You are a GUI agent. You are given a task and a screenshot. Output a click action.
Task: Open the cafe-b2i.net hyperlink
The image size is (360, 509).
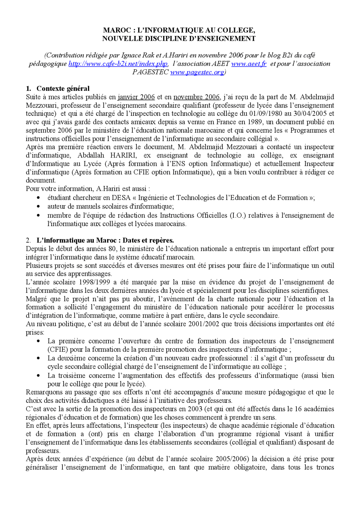click(118, 64)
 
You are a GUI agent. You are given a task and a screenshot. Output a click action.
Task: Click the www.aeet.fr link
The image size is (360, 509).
click(249, 64)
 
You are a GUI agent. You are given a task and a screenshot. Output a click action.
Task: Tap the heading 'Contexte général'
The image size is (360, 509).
click(63, 89)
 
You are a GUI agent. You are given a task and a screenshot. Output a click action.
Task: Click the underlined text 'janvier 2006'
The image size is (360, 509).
click(136, 97)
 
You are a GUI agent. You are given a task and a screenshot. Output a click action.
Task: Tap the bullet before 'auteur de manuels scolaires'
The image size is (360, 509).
click(39, 207)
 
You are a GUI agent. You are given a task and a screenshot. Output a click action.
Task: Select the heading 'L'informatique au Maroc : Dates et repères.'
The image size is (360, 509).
click(105, 240)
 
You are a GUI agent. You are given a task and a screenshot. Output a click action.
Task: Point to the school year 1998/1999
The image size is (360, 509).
click(94, 282)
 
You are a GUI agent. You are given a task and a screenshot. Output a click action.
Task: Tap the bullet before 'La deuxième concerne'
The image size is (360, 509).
click(39, 358)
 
